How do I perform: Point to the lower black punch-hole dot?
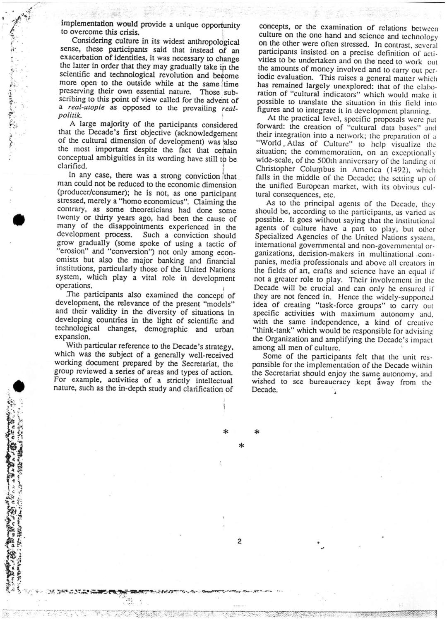[x=17, y=387]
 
